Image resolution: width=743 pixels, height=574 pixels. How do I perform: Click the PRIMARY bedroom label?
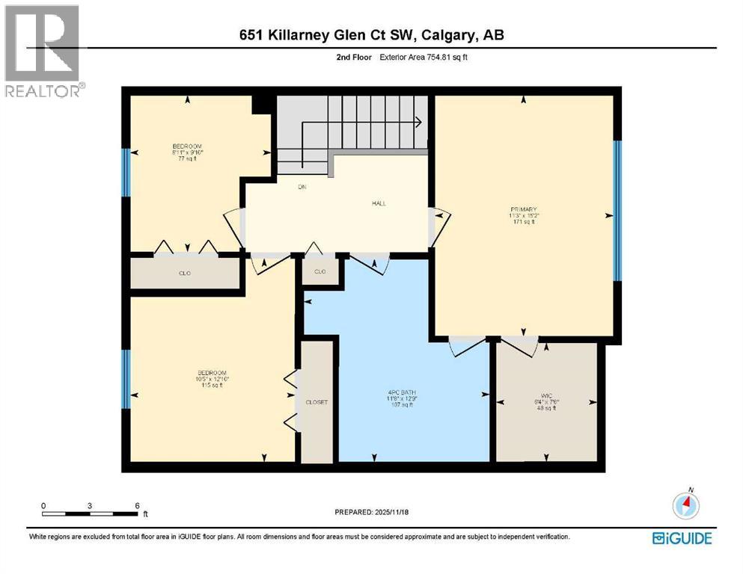click(524, 209)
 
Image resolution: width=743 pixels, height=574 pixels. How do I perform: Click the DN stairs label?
click(283, 188)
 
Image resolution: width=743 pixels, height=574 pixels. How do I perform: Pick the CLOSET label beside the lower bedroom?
click(317, 402)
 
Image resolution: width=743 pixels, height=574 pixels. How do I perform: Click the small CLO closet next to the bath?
click(319, 271)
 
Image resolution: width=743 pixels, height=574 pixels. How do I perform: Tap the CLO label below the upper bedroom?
click(184, 273)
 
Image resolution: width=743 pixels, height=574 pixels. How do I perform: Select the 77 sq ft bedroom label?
click(187, 146)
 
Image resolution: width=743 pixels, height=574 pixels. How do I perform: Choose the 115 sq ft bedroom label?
click(212, 373)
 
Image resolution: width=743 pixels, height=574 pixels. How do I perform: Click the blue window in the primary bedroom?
click(617, 211)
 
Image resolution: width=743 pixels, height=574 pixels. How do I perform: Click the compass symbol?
click(685, 506)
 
